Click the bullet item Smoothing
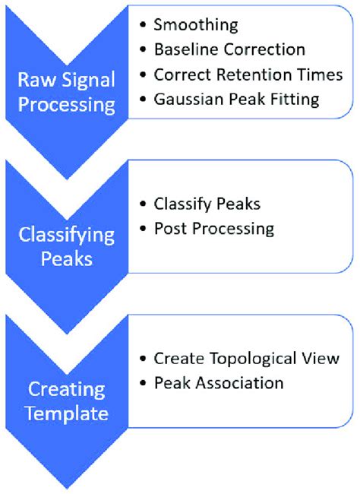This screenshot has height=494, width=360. [x=195, y=25]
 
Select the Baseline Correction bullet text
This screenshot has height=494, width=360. [x=229, y=50]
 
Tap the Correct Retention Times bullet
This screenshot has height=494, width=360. [x=248, y=74]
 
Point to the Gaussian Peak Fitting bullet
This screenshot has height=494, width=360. [x=236, y=99]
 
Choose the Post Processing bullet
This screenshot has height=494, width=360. [x=213, y=229]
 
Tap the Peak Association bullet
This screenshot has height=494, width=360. [x=218, y=382]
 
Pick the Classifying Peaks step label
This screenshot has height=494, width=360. [x=68, y=245]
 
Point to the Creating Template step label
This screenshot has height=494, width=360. [x=68, y=401]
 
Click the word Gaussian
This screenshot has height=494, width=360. [x=185, y=99]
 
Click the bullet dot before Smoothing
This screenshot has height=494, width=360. [x=144, y=25]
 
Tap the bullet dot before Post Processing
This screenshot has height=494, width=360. [x=144, y=229]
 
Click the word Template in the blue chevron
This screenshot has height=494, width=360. [x=68, y=413]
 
